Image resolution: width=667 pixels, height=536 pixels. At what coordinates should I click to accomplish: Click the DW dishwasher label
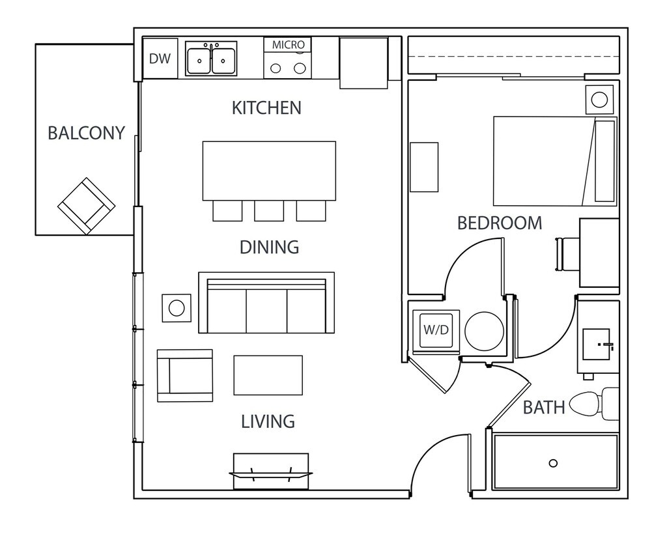[x=160, y=59]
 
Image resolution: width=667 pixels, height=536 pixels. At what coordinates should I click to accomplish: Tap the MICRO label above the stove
[x=288, y=45]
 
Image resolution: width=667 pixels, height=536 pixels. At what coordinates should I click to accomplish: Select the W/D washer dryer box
[x=436, y=330]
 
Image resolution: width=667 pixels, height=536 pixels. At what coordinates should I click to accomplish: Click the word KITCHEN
[x=266, y=107]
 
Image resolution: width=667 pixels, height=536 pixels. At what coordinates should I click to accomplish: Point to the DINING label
[x=269, y=247]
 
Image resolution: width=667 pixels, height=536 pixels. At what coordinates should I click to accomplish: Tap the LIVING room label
[x=268, y=421]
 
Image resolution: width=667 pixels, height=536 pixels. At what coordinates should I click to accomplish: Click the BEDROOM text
[x=500, y=223]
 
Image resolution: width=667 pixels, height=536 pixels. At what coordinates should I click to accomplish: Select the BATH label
[x=545, y=408]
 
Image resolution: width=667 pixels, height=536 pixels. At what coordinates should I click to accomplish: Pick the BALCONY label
[x=86, y=133]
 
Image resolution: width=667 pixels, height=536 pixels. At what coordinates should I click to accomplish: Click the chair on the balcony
[x=86, y=205]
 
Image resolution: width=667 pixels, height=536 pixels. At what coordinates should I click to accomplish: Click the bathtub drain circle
[x=553, y=463]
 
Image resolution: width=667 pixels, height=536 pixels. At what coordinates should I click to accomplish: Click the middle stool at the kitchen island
[x=269, y=210]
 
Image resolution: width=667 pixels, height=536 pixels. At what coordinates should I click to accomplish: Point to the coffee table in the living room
[x=268, y=375]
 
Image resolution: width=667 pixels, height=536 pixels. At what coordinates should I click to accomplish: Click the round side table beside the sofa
[x=177, y=307]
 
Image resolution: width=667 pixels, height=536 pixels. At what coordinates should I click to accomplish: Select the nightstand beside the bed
[x=599, y=100]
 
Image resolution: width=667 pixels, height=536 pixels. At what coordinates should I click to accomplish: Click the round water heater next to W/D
[x=484, y=331]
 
